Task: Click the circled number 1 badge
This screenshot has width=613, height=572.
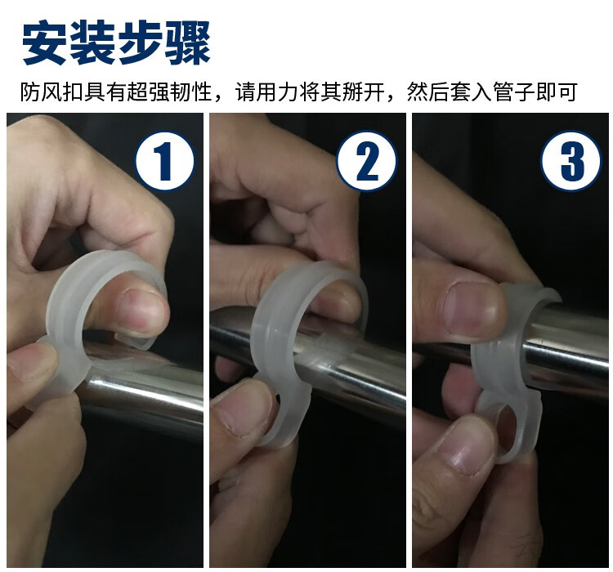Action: (164, 161)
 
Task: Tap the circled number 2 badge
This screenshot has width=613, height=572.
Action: (367, 161)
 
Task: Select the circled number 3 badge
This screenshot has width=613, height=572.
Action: (570, 161)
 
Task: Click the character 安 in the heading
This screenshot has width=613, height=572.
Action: (46, 42)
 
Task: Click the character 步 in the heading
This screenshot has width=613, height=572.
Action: (141, 42)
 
